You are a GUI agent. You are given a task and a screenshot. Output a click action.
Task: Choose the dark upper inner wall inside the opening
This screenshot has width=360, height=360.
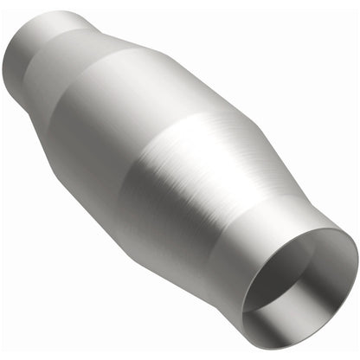point(316,251)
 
